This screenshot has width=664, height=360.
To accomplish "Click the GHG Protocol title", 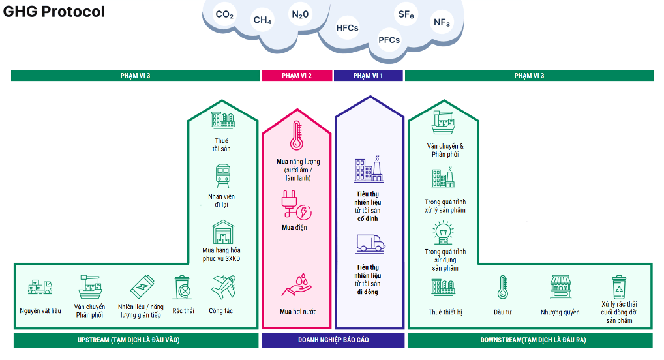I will [54, 12].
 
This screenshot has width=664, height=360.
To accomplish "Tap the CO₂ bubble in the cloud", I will [224, 14].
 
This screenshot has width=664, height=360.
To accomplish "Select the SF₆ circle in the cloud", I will [406, 14].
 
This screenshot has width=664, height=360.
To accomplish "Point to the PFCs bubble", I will [389, 40].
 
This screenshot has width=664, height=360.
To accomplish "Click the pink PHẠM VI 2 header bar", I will [296, 76].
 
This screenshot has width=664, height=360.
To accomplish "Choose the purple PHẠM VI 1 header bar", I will [368, 76].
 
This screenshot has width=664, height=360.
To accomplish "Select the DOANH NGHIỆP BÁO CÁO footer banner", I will [333, 340].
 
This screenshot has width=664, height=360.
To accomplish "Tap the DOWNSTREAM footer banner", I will [530, 340].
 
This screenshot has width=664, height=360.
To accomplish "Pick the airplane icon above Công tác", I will [222, 286].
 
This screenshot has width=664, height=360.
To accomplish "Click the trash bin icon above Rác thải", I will [183, 287].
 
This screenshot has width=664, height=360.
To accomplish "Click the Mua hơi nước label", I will [298, 312].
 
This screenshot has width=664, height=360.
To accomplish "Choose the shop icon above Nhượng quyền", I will [560, 287].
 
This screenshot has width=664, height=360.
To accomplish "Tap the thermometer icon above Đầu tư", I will [502, 287].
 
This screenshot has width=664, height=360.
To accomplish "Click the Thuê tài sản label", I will [221, 145].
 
